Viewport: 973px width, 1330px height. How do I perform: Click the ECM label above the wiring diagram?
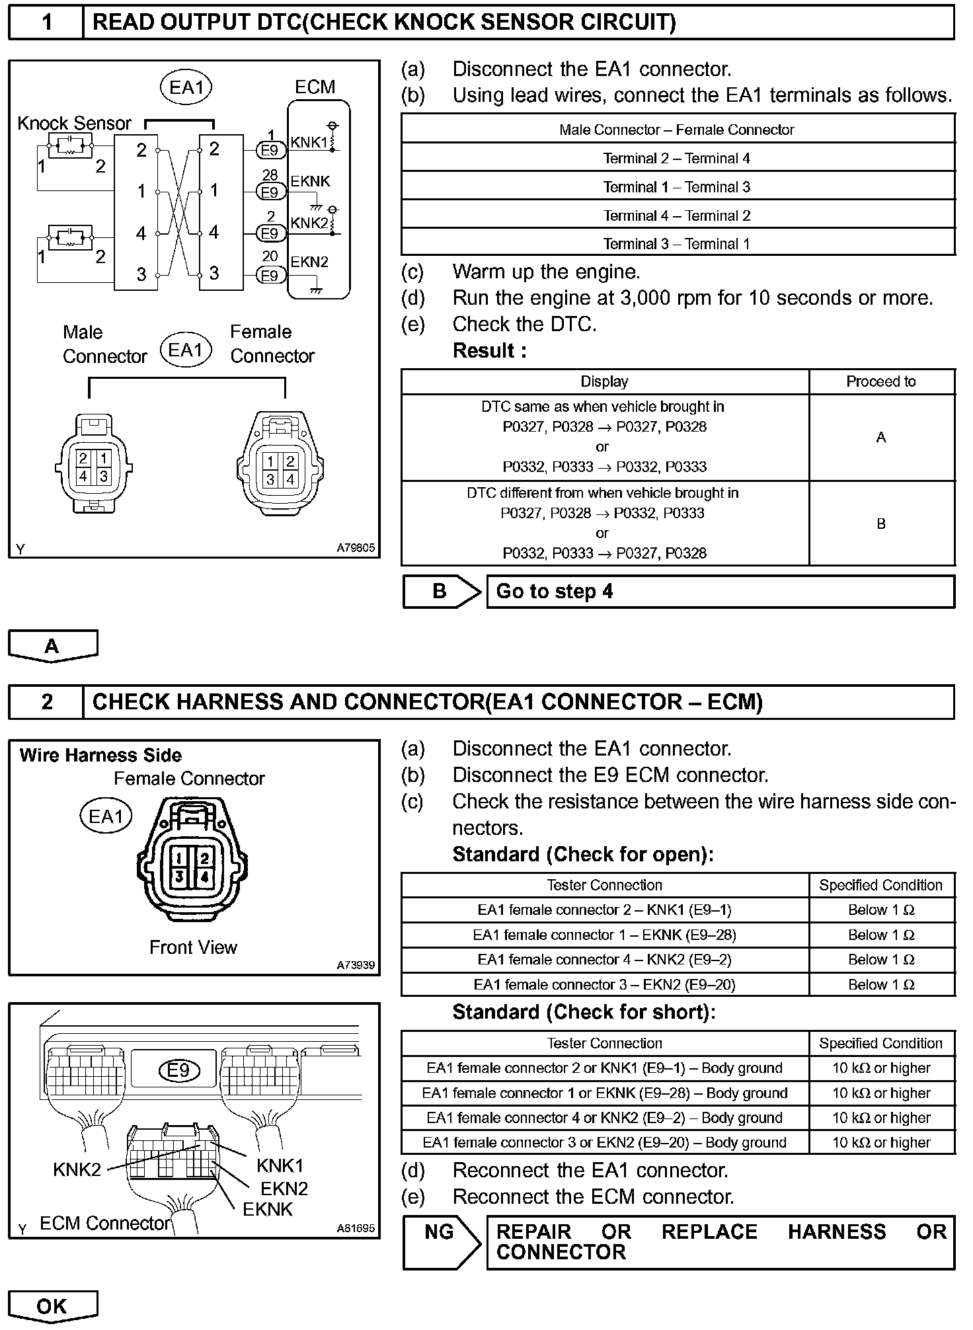click(315, 87)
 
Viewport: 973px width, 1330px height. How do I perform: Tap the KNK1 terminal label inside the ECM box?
click(309, 142)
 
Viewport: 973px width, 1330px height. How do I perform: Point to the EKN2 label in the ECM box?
click(309, 262)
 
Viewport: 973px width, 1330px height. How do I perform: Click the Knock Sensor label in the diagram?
click(74, 124)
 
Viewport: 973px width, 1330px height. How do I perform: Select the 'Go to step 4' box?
click(720, 591)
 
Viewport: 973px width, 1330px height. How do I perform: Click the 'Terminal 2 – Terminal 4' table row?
click(677, 158)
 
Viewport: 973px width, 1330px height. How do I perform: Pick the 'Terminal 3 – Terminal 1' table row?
click(677, 244)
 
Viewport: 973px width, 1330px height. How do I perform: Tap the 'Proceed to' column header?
click(881, 381)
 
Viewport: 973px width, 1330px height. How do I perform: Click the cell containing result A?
click(881, 437)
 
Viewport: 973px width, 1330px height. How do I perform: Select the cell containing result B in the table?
click(881, 524)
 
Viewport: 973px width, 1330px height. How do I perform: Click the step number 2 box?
click(46, 701)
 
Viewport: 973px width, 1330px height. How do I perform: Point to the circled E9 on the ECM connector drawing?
click(178, 1070)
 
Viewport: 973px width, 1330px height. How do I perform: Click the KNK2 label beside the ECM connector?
click(77, 1169)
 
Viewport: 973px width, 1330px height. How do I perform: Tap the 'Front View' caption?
click(193, 947)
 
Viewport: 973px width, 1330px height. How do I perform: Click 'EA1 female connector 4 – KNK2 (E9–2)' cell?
click(605, 959)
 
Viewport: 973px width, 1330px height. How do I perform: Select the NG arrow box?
click(441, 1242)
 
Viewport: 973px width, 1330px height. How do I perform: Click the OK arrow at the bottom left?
click(52, 1306)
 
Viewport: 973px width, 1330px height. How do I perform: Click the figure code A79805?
click(356, 548)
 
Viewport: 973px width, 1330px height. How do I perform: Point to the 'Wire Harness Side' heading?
click(100, 756)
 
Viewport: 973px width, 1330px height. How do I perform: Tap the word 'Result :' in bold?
click(490, 350)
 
